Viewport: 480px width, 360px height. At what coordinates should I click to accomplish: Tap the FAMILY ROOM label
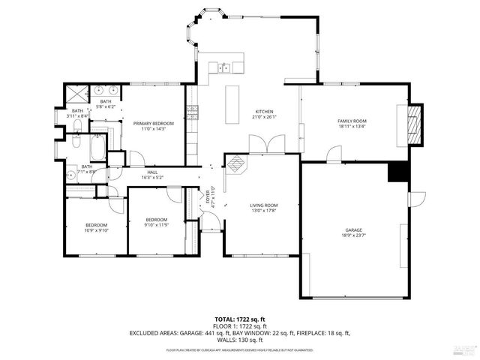tap(351, 121)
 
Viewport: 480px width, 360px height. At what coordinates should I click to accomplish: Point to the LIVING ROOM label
tap(264, 205)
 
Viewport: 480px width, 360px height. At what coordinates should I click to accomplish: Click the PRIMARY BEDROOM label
tap(153, 123)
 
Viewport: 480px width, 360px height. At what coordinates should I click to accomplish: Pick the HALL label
tap(152, 172)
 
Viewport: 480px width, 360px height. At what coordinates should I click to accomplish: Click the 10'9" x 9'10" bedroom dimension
tap(96, 231)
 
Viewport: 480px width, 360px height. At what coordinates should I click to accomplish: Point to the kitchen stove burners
tap(192, 112)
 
